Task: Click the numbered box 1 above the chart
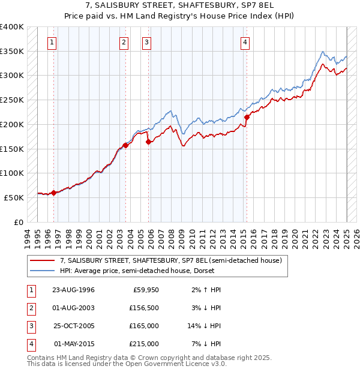point(53,42)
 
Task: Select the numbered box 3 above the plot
point(146,42)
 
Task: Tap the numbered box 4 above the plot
point(246,42)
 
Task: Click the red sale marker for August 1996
point(53,193)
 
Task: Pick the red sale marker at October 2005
point(148,142)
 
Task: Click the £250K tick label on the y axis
point(12,100)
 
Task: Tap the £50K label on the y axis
point(14,197)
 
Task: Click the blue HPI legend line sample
point(43,270)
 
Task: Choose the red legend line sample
point(43,260)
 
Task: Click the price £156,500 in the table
point(145,308)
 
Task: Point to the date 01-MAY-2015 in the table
point(73,344)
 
